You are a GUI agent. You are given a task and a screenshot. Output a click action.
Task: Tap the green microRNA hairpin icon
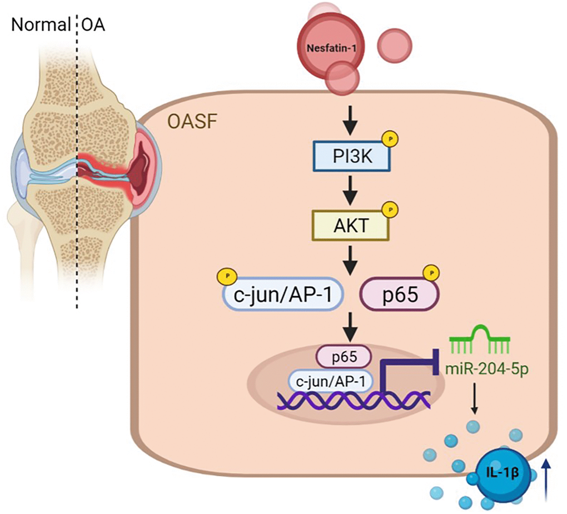coord(480,341)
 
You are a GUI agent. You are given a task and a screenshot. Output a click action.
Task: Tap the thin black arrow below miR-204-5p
coord(474,398)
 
